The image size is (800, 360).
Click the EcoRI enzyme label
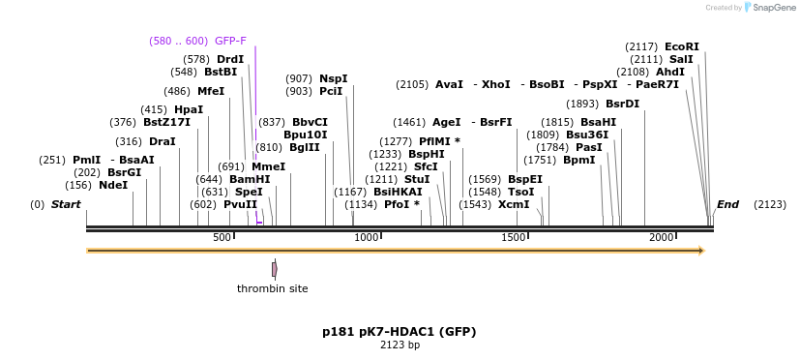pyautogui.click(x=681, y=46)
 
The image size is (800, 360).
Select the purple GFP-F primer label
pyautogui.click(x=230, y=41)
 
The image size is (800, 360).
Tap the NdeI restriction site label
pyautogui.click(x=112, y=185)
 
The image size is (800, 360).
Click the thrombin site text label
pyautogui.click(x=273, y=288)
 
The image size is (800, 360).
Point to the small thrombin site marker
pyautogui.click(x=275, y=269)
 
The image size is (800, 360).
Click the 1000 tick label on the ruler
pyautogui.click(x=367, y=238)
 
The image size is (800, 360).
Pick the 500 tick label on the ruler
pyautogui.click(x=222, y=238)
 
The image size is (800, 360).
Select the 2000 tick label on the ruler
pyautogui.click(x=661, y=238)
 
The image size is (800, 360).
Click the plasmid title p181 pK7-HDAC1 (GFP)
pyautogui.click(x=399, y=331)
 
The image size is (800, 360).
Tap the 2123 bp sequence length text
pyautogui.click(x=399, y=345)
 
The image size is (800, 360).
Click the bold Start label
pyautogui.click(x=66, y=204)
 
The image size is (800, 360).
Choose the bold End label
pyautogui.click(x=727, y=204)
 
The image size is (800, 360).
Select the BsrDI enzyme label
pyautogui.click(x=622, y=104)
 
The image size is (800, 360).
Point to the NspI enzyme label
pyautogui.click(x=333, y=78)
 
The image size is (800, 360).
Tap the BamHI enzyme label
pyautogui.click(x=249, y=179)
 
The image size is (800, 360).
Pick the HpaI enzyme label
pyautogui.click(x=189, y=109)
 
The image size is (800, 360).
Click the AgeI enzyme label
pyautogui.click(x=446, y=122)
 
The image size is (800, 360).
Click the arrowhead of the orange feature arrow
pyautogui.click(x=701, y=251)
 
